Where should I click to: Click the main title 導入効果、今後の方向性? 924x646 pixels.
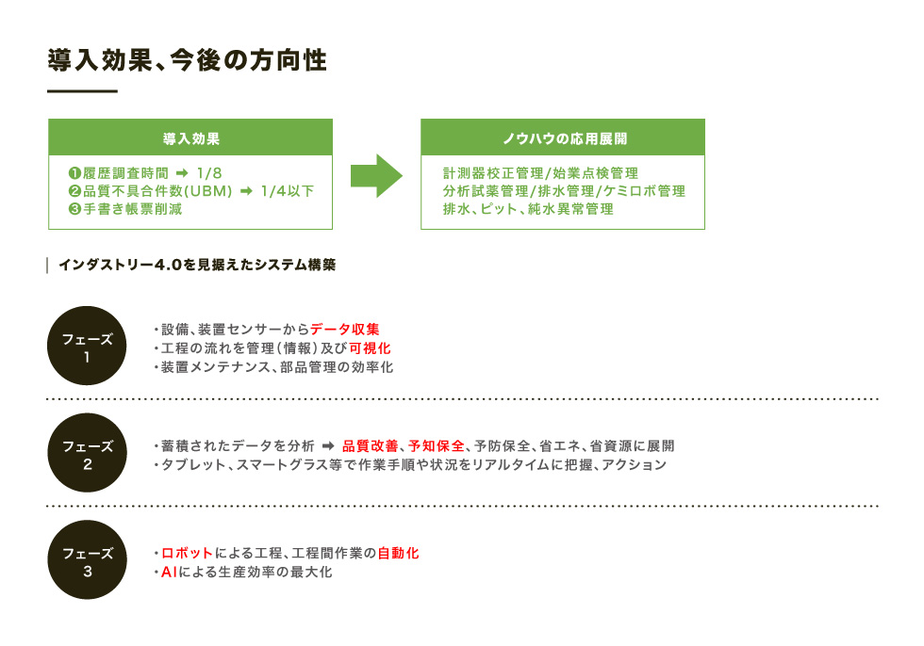[x=187, y=60]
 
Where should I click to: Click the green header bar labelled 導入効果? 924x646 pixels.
[x=190, y=137]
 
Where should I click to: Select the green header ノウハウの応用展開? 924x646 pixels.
[x=563, y=137]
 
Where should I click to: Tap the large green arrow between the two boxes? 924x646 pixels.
[x=376, y=175]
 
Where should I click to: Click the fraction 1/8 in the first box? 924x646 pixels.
[x=209, y=173]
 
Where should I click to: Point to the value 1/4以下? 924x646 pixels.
[x=288, y=191]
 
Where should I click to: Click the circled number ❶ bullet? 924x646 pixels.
[x=74, y=173]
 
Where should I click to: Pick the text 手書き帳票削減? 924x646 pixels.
[x=133, y=209]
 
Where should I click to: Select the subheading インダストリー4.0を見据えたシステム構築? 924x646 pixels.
[x=197, y=265]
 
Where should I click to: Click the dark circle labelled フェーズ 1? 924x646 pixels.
[x=87, y=346]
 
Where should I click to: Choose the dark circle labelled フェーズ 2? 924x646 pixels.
[x=87, y=452]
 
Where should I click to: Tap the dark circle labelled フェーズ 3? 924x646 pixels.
[x=87, y=559]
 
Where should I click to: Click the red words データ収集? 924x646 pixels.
[x=345, y=330]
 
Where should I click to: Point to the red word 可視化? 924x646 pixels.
[x=370, y=348]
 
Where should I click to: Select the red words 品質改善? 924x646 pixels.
[x=370, y=446]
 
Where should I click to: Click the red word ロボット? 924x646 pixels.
[x=187, y=553]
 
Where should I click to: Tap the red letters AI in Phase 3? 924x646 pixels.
[x=169, y=572]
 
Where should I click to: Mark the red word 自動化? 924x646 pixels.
[x=398, y=553]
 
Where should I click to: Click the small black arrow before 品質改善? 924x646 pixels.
[x=328, y=446]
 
